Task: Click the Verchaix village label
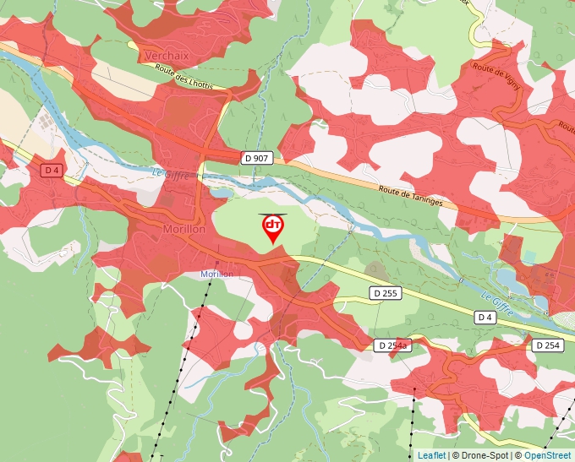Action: click(x=167, y=55)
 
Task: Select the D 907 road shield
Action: click(x=257, y=158)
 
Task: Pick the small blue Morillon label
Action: click(x=216, y=274)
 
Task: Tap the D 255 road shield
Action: click(x=386, y=293)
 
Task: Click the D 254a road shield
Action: click(x=392, y=345)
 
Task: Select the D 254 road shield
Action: click(x=548, y=345)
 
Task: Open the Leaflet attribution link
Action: click(x=431, y=455)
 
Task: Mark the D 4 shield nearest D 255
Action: click(x=484, y=317)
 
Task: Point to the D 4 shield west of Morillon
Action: click(x=52, y=171)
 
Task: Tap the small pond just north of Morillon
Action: click(x=222, y=193)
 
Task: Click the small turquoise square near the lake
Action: click(x=529, y=255)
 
